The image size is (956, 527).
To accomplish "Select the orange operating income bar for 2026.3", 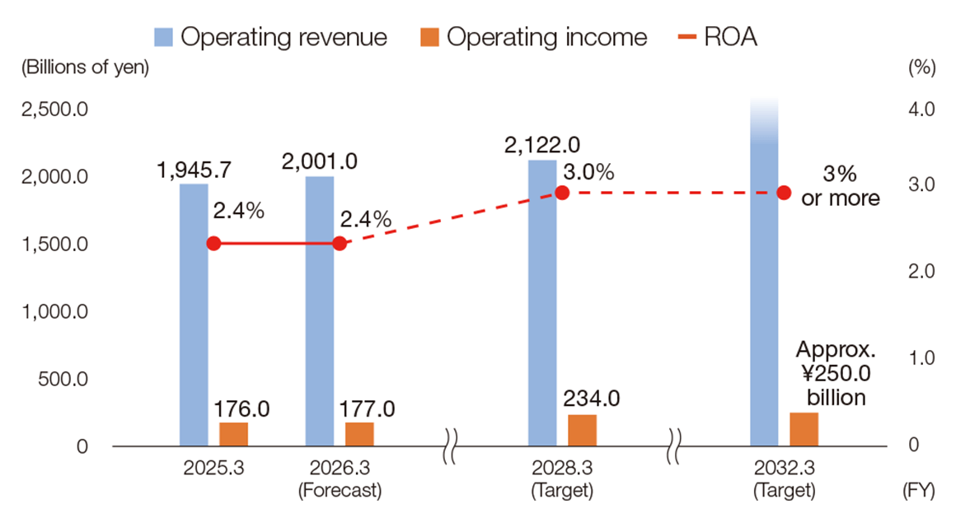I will [359, 434].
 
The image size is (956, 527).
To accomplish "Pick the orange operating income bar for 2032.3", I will [804, 429].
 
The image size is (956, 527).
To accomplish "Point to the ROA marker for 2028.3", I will [562, 193].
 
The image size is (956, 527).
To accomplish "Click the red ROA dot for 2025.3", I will [213, 244].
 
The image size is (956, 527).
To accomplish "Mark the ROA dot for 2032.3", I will [784, 193].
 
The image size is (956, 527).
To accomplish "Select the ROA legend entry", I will [716, 37].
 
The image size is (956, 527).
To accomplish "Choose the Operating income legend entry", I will [537, 37].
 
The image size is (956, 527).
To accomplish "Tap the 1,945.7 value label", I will [194, 170].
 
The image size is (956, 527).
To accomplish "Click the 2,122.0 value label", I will [543, 145].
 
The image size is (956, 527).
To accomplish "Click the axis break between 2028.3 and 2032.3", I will [675, 446].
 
